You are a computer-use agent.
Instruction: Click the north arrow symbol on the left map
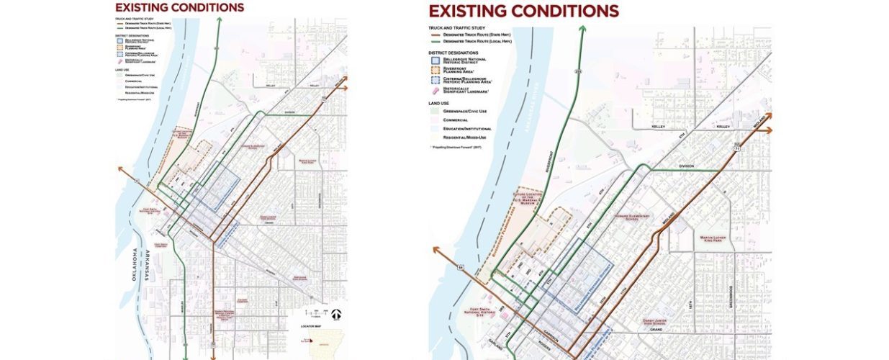click(338, 314)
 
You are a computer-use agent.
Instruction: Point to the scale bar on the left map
click(315, 315)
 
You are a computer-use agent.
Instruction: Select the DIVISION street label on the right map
click(686, 166)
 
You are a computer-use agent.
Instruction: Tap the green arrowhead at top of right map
click(580, 30)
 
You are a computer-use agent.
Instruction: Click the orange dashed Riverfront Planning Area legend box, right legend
click(434, 69)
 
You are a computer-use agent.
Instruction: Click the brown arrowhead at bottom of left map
click(214, 356)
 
